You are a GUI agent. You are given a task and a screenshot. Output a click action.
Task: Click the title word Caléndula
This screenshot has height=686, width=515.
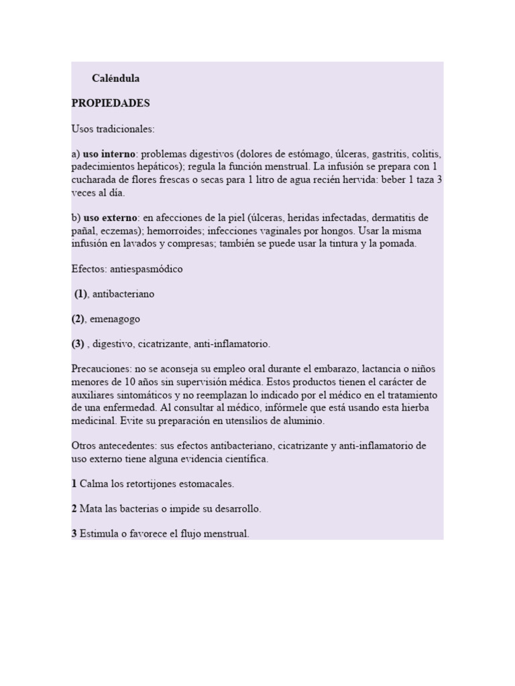115,78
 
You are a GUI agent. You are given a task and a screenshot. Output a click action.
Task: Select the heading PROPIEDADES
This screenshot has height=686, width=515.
111,103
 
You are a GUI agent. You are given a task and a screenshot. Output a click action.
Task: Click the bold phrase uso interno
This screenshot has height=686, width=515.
109,154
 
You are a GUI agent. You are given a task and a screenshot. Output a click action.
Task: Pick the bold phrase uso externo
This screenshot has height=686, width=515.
110,218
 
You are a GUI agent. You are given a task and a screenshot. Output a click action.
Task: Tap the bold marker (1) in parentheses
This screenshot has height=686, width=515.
81,293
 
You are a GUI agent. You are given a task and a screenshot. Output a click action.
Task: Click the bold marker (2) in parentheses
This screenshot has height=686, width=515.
78,319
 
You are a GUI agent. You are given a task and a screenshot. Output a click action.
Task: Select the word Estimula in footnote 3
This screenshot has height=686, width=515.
99,534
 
